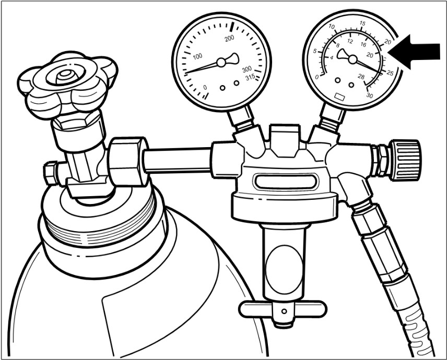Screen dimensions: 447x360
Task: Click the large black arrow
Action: coord(414,52)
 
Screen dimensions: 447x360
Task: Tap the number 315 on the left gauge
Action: coord(250,77)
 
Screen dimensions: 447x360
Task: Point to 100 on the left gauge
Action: coord(197,56)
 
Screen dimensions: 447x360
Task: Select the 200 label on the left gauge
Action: coord(229,38)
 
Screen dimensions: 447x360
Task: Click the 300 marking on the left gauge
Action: coord(247,69)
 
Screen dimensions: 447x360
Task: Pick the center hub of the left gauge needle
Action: coord(221,63)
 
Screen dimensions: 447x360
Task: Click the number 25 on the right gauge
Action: coord(390,73)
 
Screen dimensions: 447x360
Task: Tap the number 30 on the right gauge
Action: coord(370,95)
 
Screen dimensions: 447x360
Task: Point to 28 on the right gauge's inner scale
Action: coord(361,77)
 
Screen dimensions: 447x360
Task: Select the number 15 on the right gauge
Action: coord(362,23)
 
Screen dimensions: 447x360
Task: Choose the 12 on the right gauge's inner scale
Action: coord(350,41)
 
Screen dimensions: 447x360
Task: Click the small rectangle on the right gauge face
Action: coord(340,97)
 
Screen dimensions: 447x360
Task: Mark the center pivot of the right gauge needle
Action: coord(352,59)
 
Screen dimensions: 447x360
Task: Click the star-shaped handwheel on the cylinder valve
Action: coord(67,85)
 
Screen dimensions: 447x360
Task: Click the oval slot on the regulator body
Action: coord(286,182)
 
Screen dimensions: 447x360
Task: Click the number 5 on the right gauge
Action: coord(315,51)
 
